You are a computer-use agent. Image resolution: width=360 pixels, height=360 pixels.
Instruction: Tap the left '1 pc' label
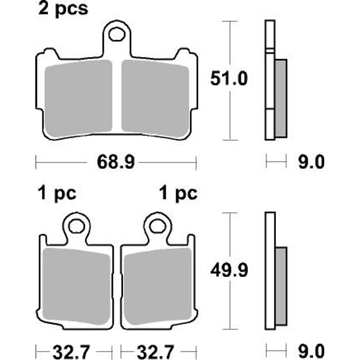pyautogui.click(x=56, y=194)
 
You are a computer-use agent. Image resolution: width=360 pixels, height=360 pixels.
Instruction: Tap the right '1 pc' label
pyautogui.click(x=178, y=194)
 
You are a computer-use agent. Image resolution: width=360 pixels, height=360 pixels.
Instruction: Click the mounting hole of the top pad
pyautogui.click(x=117, y=34)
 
